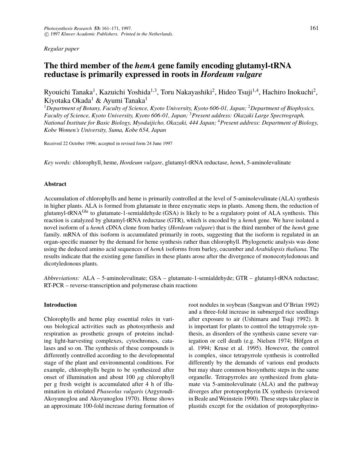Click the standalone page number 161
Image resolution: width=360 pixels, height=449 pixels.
(x=314, y=28)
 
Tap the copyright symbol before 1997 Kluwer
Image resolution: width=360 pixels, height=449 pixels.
(x=46, y=34)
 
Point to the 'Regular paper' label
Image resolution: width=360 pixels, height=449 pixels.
(x=61, y=49)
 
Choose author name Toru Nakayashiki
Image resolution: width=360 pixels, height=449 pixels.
(x=187, y=92)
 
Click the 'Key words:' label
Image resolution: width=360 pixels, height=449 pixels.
(x=57, y=163)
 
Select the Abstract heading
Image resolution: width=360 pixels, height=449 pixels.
(x=55, y=184)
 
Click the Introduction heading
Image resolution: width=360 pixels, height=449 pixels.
(x=60, y=305)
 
